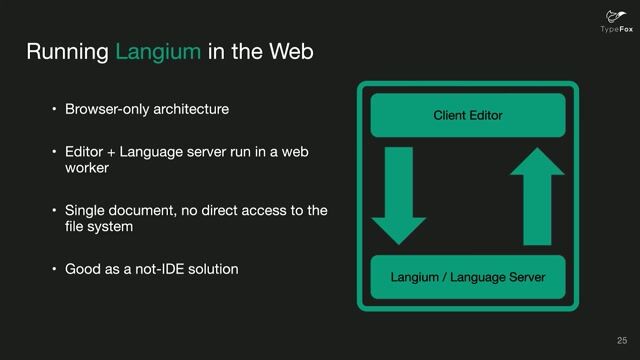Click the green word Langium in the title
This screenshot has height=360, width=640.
(x=158, y=51)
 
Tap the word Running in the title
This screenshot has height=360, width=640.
(x=67, y=51)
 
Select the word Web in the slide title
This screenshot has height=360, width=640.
(x=291, y=51)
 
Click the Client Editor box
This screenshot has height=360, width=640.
(x=467, y=116)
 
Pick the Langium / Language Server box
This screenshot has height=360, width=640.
(x=467, y=277)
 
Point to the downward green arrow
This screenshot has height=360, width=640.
(x=398, y=196)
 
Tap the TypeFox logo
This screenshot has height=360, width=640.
(x=612, y=20)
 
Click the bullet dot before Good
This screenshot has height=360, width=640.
(x=56, y=270)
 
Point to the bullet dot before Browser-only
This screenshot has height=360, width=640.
(x=56, y=108)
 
